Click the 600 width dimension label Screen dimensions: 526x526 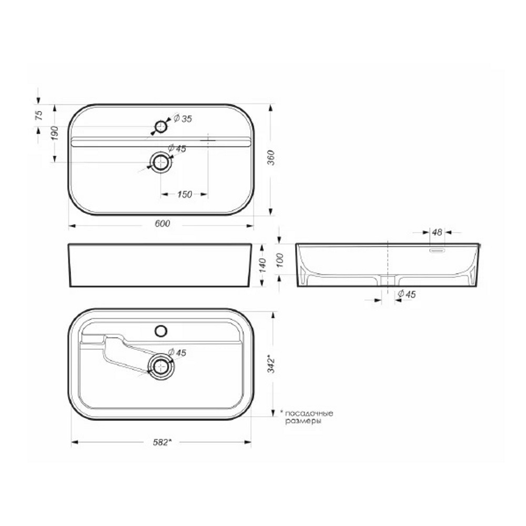click(162, 225)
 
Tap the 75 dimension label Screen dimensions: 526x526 click(38, 116)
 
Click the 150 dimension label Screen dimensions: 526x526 click(184, 195)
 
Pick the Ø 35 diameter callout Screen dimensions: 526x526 click(182, 119)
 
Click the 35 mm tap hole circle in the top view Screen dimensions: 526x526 click(161, 126)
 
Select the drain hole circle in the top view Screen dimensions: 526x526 click(160, 163)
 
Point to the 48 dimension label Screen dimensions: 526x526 click(437, 232)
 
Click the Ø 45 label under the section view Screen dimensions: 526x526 click(407, 295)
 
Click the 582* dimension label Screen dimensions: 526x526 click(161, 442)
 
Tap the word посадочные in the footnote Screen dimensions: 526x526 click(309, 413)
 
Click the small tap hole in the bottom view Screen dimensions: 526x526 click(161, 331)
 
